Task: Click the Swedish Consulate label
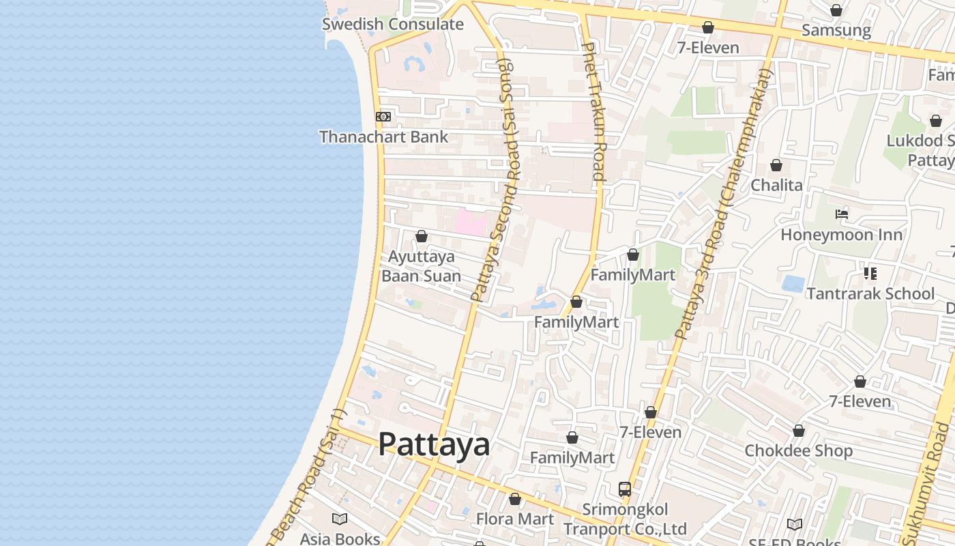(x=392, y=25)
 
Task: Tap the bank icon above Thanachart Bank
(x=383, y=117)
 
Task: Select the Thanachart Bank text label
(x=384, y=136)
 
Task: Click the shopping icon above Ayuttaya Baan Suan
(x=422, y=236)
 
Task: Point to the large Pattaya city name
(x=434, y=444)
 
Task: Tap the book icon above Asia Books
(x=340, y=519)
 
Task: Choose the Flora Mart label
(x=515, y=519)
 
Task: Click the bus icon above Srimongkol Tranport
(x=625, y=489)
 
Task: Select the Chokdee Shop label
(x=798, y=450)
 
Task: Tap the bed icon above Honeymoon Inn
(x=842, y=214)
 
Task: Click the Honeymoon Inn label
(x=842, y=235)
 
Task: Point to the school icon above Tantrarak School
(x=870, y=274)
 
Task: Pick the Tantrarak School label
(x=870, y=293)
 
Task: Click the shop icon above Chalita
(x=776, y=165)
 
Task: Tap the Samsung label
(x=836, y=30)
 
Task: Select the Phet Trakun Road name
(x=593, y=111)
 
